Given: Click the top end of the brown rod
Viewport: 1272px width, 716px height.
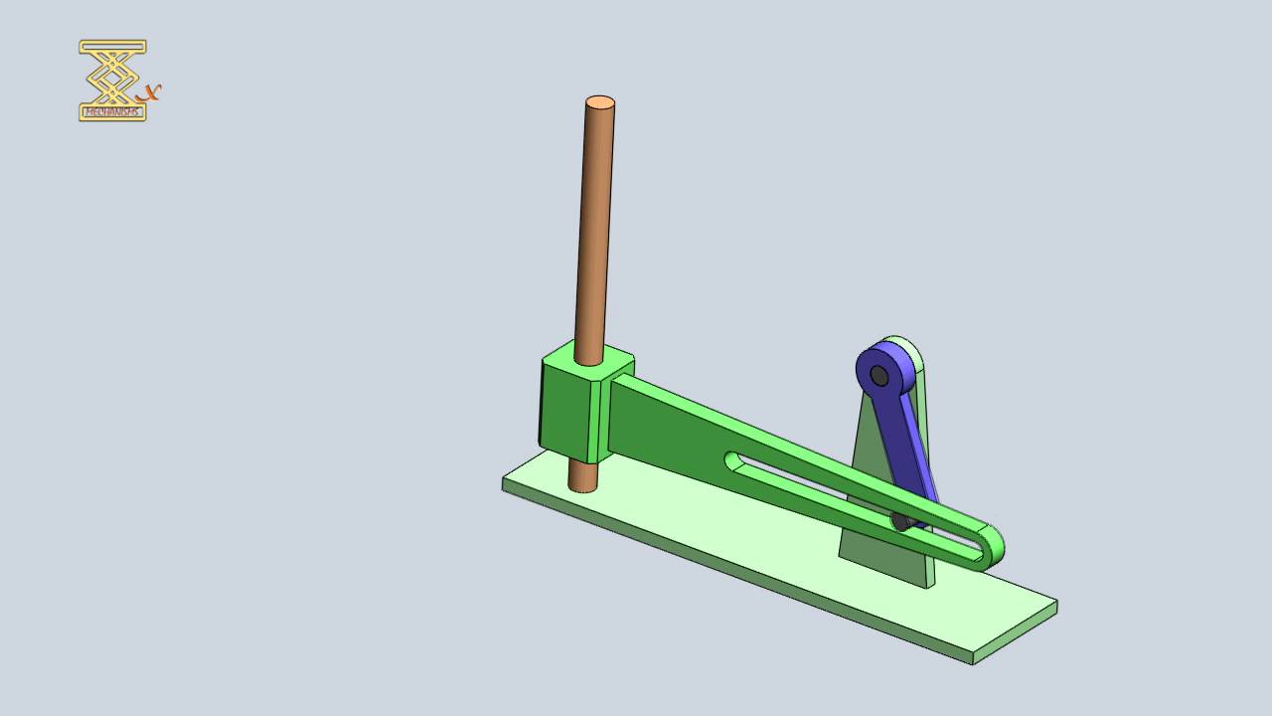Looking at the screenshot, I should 600,102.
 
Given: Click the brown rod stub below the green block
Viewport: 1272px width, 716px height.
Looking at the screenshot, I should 583,478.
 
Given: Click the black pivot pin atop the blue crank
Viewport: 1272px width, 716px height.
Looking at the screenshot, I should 878,376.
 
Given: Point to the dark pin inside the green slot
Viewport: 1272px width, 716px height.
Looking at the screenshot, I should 900,521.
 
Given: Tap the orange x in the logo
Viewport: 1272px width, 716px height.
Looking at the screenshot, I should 150,92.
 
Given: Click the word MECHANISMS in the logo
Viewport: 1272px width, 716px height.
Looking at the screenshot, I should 112,112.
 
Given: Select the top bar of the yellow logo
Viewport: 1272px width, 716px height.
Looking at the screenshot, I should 112,46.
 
